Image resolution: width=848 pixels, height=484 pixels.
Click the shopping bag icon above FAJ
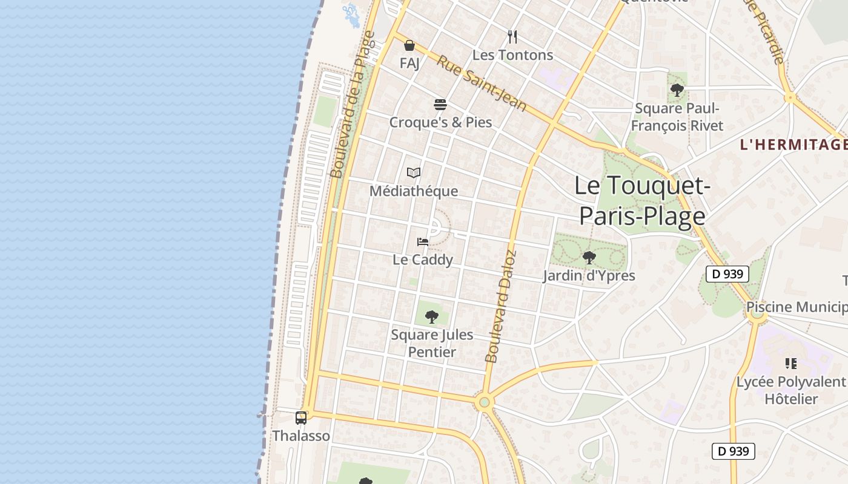tap(409, 45)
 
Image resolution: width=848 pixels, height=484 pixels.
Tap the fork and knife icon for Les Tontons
tap(512, 37)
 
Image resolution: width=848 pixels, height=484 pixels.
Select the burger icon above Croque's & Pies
tap(440, 105)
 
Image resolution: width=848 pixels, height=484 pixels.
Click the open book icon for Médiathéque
tap(414, 173)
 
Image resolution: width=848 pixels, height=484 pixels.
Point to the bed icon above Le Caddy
tap(423, 242)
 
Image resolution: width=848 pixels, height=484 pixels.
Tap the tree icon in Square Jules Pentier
tap(432, 316)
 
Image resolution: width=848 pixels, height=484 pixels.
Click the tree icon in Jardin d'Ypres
tap(589, 258)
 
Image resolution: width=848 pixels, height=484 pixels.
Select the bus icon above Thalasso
tap(301, 417)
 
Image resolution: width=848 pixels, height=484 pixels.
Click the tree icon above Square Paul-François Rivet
tap(677, 91)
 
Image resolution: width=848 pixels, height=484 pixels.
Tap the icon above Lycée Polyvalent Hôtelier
tap(790, 364)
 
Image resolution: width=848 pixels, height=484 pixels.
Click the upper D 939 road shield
tap(727, 274)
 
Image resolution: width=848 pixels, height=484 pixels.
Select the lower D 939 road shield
tap(733, 451)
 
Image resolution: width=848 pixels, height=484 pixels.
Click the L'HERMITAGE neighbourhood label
tap(793, 145)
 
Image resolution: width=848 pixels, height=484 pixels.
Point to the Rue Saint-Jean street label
tap(482, 83)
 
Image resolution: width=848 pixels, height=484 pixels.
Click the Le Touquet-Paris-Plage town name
tap(642, 200)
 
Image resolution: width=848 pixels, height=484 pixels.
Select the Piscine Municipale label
tap(796, 307)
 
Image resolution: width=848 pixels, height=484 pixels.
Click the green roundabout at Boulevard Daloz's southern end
tap(484, 402)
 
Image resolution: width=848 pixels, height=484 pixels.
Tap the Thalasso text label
tap(301, 436)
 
